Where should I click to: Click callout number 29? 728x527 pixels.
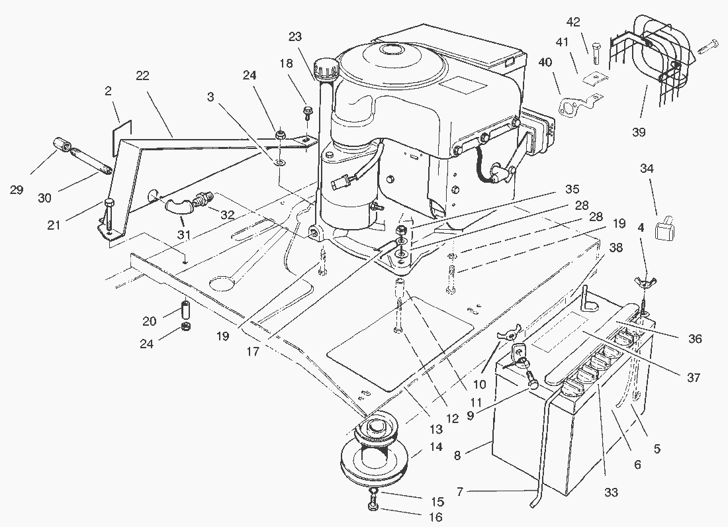17,190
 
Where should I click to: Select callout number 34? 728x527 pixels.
647,169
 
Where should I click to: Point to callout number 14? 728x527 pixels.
435,447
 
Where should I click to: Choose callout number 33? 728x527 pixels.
610,492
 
